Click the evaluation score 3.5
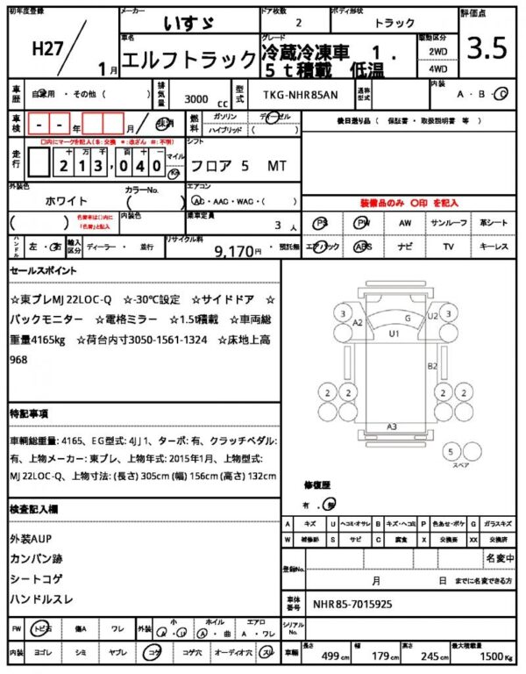click(487, 49)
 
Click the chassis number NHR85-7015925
click(352, 606)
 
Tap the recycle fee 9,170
click(234, 251)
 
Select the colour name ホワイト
click(66, 199)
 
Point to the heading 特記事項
click(29, 412)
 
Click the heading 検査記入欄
click(33, 509)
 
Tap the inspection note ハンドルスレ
click(42, 599)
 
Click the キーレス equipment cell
click(494, 247)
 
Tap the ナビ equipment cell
click(405, 247)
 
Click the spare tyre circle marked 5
click(451, 451)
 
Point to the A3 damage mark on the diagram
click(393, 427)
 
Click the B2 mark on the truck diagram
click(431, 365)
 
